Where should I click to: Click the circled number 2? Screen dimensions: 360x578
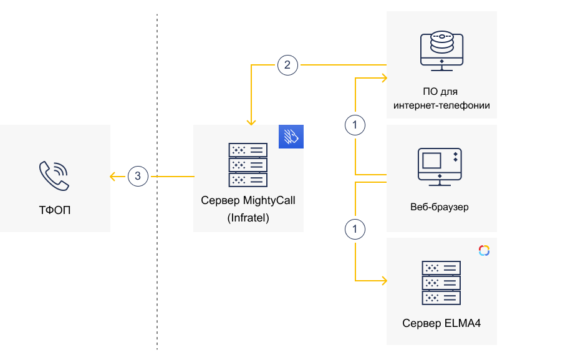coord(287,65)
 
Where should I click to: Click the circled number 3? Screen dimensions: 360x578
coord(138,177)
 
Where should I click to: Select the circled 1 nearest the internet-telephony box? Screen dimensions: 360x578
coord(355,125)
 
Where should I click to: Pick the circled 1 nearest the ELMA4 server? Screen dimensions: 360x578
coord(355,230)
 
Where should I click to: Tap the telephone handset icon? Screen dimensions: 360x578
coord(54,176)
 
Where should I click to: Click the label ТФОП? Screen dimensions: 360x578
coord(54,210)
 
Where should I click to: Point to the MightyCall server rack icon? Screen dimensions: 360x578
coord(248,165)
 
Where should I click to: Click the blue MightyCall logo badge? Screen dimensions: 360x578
coord(291,137)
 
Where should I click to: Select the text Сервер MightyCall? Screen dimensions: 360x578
coord(248,202)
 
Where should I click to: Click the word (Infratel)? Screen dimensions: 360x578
coord(248,218)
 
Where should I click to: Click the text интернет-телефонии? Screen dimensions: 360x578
coord(441,105)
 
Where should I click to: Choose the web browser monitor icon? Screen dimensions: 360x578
coord(441,165)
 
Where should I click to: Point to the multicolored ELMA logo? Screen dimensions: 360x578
coord(484,250)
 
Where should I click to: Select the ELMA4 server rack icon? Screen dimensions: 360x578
coord(441,282)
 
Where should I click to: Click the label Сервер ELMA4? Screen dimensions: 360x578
coord(441,323)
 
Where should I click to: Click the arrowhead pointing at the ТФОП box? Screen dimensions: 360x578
coord(113,177)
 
